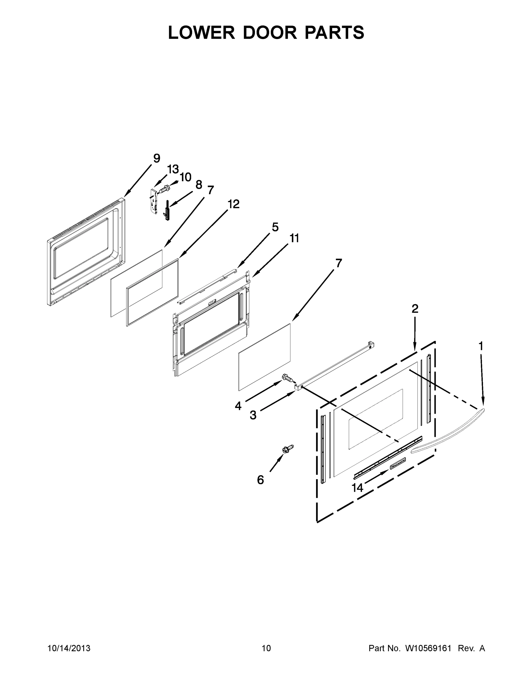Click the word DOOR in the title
coord(270,32)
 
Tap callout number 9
coord(157,158)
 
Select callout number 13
coord(173,169)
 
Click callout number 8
coord(198,185)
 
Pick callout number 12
coord(233,204)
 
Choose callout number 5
coord(275,227)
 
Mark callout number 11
coord(294,238)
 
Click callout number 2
coord(415,309)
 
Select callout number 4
coord(238,406)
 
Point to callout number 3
coord(253,415)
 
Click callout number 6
coord(260,480)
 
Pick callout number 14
coord(357,488)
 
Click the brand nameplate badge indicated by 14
coord(398,464)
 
